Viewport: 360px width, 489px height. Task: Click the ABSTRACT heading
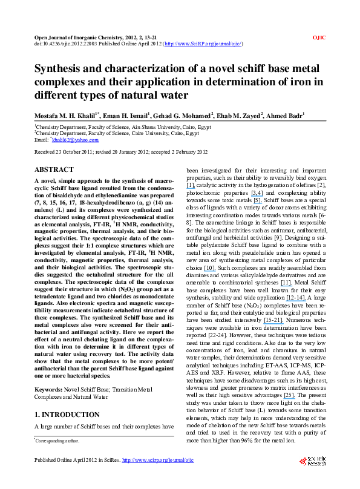click(x=54, y=170)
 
